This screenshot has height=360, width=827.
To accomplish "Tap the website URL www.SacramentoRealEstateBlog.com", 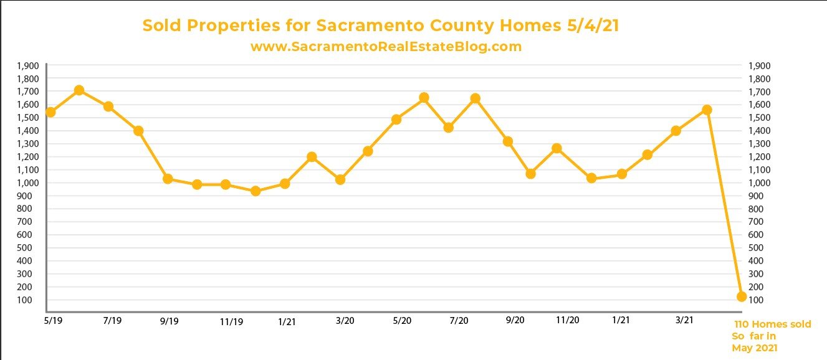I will point(386,47).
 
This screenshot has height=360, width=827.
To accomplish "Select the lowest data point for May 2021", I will point(741,296).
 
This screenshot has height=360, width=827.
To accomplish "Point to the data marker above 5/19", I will point(50,112).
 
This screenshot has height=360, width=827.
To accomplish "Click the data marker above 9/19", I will point(168,179).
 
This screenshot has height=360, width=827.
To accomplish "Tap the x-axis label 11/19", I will point(231,321).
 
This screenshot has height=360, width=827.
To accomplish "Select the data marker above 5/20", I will point(396,119).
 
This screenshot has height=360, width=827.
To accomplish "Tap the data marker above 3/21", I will point(676,131).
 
